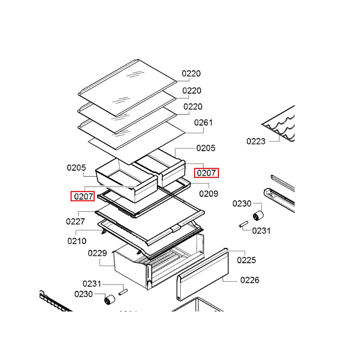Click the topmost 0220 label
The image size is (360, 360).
tap(191, 73)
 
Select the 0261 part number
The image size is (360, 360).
tap(203, 123)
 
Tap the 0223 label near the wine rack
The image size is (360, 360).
tap(256, 141)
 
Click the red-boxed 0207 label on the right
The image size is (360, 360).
tap(206, 173)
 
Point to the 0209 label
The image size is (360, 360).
tap(208, 194)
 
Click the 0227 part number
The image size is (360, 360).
tap(75, 221)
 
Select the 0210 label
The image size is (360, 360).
tap(77, 241)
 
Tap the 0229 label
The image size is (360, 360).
tap(97, 253)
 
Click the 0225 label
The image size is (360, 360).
tap(246, 260)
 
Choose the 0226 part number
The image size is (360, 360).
tap(250, 280)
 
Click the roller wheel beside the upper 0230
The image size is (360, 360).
tap(258, 216)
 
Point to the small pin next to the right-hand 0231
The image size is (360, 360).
tap(244, 224)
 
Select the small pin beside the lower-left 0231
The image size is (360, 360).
tap(123, 292)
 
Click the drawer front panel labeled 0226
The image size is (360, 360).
tap(202, 275)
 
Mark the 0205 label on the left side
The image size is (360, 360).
tap(76, 168)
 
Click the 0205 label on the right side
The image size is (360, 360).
tap(206, 148)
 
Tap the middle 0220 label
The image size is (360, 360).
tap(192, 91)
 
